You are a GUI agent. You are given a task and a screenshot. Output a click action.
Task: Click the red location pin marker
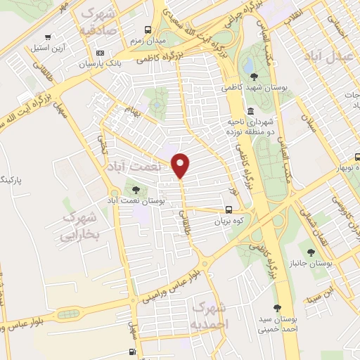click(181, 165)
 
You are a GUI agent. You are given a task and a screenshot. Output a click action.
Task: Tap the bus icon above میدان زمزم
click(148, 30)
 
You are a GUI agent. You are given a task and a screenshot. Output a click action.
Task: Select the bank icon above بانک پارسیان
click(100, 53)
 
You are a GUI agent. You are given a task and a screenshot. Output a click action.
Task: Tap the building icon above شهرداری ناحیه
click(251, 110)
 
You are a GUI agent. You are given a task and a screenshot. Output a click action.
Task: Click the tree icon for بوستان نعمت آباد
click(136, 189)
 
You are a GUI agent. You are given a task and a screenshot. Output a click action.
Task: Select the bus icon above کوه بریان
click(229, 209)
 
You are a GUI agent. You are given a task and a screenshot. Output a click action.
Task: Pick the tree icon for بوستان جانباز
click(311, 251)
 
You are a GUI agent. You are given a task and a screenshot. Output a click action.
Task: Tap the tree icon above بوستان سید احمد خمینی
click(277, 307)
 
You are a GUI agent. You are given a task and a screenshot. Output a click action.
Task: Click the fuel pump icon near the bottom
click(132, 352)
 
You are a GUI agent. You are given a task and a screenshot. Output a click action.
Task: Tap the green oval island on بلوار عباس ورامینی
click(68, 314)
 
